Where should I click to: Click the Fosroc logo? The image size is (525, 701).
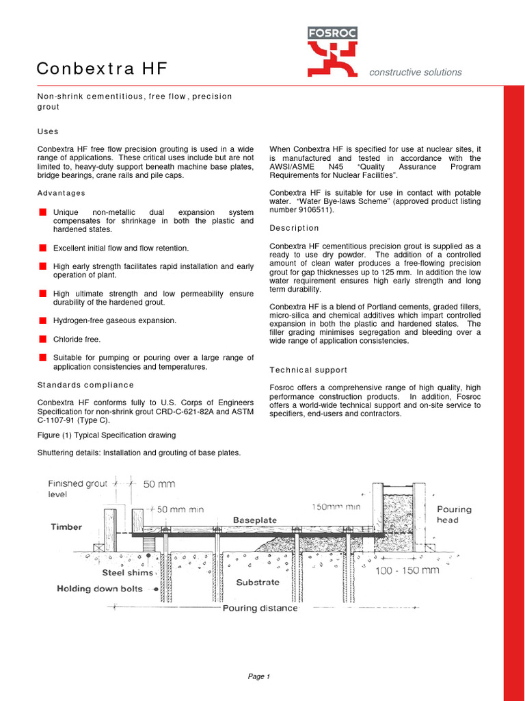(332, 51)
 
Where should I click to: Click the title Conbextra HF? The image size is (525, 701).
(101, 69)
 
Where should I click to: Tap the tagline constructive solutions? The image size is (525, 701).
(415, 73)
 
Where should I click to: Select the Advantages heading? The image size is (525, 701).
(62, 193)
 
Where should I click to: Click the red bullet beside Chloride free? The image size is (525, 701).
(42, 339)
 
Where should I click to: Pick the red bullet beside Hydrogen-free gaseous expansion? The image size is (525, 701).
(42, 320)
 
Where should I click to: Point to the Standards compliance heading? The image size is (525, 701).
(85, 385)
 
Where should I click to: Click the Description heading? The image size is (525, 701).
(294, 228)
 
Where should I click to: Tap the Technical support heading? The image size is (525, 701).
(308, 370)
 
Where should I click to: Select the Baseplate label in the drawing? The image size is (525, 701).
(255, 520)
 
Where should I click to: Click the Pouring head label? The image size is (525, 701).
(455, 515)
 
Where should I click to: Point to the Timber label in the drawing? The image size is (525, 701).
(66, 527)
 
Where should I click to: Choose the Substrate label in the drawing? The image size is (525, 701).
(258, 583)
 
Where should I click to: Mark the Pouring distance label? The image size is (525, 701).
(260, 608)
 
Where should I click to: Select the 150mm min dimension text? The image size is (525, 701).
(336, 507)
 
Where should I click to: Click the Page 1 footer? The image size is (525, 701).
(259, 677)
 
